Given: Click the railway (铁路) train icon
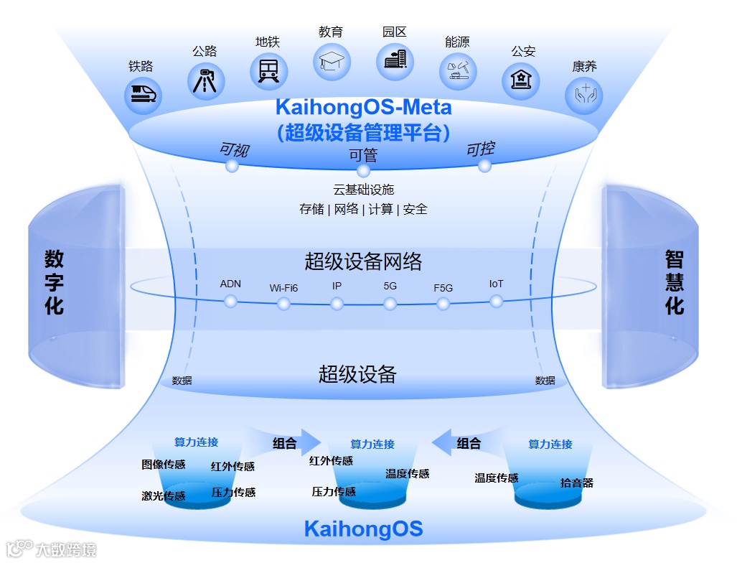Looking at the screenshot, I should (x=144, y=94).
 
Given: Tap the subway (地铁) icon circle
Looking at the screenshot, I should (x=268, y=71).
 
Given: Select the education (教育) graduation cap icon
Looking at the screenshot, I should (x=332, y=62).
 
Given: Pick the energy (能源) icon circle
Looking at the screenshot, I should (x=458, y=71).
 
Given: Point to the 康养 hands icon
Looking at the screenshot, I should (x=583, y=95).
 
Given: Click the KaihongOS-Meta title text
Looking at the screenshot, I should (x=363, y=108).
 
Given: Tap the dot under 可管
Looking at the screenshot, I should (x=363, y=171).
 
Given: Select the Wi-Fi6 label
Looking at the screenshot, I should (x=283, y=288).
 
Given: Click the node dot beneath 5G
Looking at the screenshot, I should (x=390, y=304).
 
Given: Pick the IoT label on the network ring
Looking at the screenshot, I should (x=496, y=284).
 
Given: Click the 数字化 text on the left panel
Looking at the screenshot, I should (x=54, y=282).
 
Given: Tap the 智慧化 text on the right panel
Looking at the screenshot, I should (x=674, y=282).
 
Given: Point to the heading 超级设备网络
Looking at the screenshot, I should (x=363, y=261).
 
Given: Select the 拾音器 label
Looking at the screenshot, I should (x=576, y=483).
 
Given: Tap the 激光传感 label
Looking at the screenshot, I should (x=164, y=496).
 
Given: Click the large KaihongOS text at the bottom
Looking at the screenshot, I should (x=363, y=530).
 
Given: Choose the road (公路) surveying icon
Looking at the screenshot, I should (x=206, y=80).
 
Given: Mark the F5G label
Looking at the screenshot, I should (x=443, y=288).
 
